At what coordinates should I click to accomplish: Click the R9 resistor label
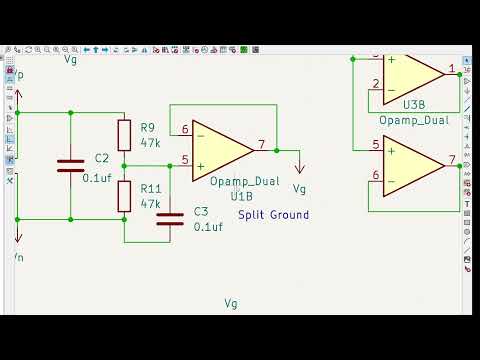pyautogui.click(x=148, y=127)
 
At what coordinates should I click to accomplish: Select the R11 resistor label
pyautogui.click(x=151, y=188)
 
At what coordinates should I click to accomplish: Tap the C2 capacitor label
pyautogui.click(x=101, y=159)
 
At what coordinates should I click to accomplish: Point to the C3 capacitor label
pyautogui.click(x=201, y=211)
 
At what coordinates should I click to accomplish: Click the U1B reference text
pyautogui.click(x=242, y=196)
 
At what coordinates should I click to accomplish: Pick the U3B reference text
pyautogui.click(x=415, y=104)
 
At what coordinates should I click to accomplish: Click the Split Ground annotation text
pyautogui.click(x=273, y=215)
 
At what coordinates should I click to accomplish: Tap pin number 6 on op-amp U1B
pyautogui.click(x=185, y=130)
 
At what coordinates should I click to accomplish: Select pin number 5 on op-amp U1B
pyautogui.click(x=185, y=160)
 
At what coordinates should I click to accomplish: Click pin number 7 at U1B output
pyautogui.click(x=261, y=145)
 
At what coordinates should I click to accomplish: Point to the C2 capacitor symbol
pyautogui.click(x=70, y=165)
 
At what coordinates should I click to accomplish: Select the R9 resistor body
pyautogui.click(x=124, y=135)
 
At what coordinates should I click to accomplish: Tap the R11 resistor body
pyautogui.click(x=124, y=196)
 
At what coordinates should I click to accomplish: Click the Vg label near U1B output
pyautogui.click(x=299, y=188)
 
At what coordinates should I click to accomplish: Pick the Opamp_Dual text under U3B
pyautogui.click(x=414, y=120)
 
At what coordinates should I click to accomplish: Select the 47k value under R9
pyautogui.click(x=151, y=143)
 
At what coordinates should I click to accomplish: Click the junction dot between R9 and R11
pyautogui.click(x=124, y=165)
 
